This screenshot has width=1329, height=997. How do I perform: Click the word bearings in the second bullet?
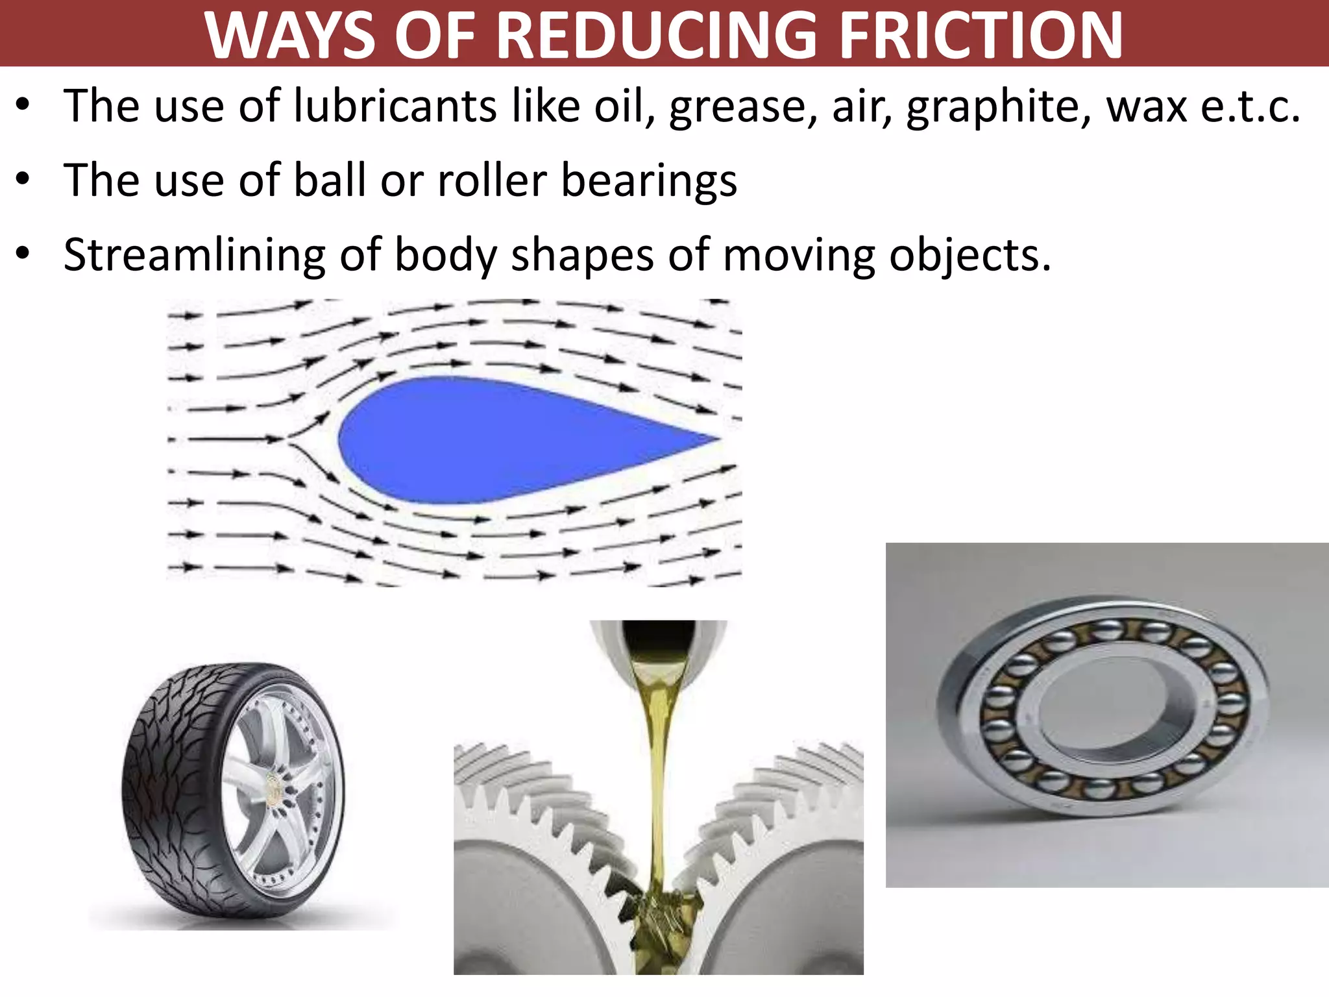click(649, 181)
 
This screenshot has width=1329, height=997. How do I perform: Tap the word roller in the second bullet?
click(492, 180)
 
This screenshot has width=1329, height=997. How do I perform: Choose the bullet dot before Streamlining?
click(24, 254)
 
